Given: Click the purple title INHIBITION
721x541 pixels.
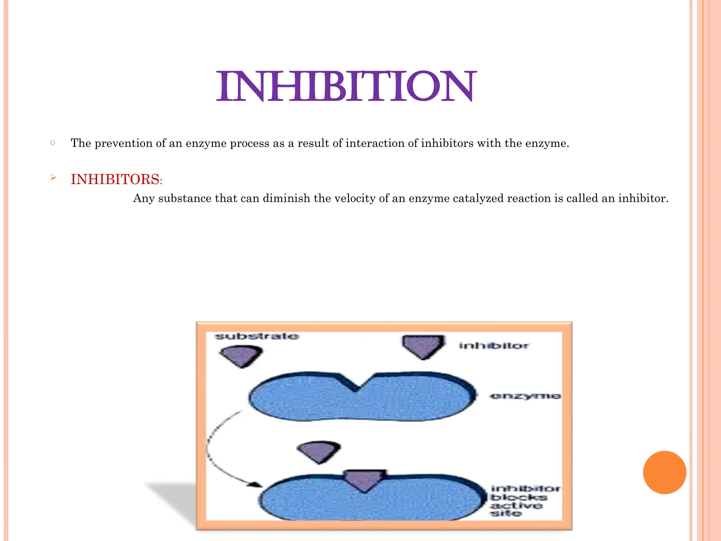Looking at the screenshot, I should (346, 86).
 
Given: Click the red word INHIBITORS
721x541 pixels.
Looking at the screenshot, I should (115, 179).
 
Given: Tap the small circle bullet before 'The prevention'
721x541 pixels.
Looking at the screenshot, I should (53, 143).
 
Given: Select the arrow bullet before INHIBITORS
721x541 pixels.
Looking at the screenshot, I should (53, 178).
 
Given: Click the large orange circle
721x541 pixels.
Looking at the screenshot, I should (664, 472).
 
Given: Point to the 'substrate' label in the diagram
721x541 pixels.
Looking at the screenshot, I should (257, 336).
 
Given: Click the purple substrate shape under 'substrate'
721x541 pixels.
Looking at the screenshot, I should (242, 356).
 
